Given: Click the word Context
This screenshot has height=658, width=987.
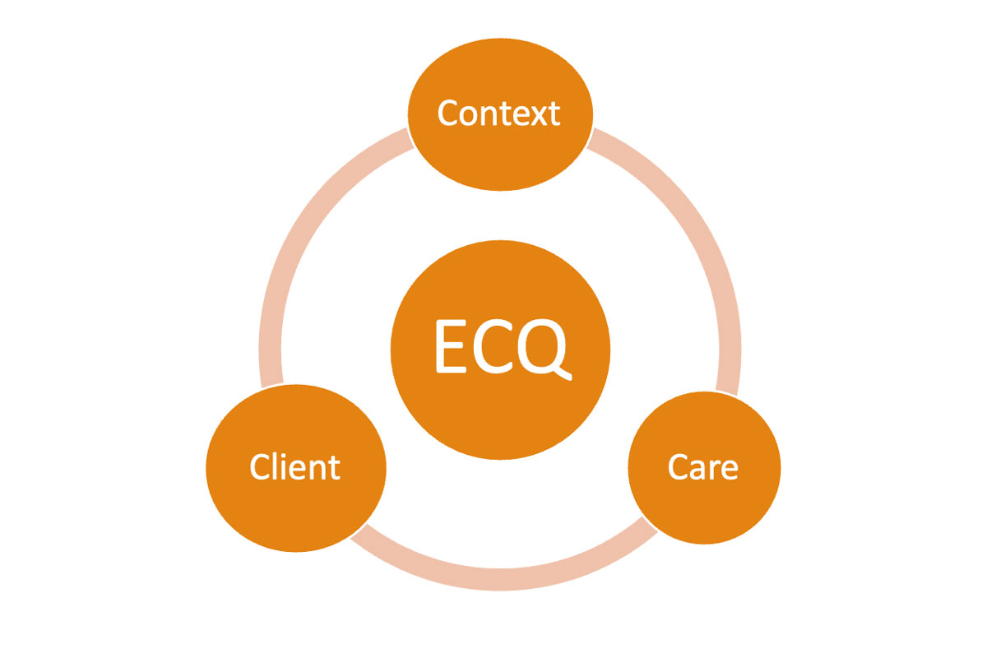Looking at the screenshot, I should click(x=498, y=113).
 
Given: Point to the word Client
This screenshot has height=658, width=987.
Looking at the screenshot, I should click(x=295, y=467).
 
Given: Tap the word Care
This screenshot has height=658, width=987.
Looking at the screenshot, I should click(x=703, y=467).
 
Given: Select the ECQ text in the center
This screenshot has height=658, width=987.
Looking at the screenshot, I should click(x=500, y=347).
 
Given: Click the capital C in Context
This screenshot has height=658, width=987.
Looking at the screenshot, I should click(x=448, y=113).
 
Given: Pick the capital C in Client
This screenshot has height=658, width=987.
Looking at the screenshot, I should click(x=261, y=467).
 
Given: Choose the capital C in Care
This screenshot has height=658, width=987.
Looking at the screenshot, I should click(x=679, y=467).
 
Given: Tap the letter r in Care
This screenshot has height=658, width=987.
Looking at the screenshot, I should click(x=715, y=470).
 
